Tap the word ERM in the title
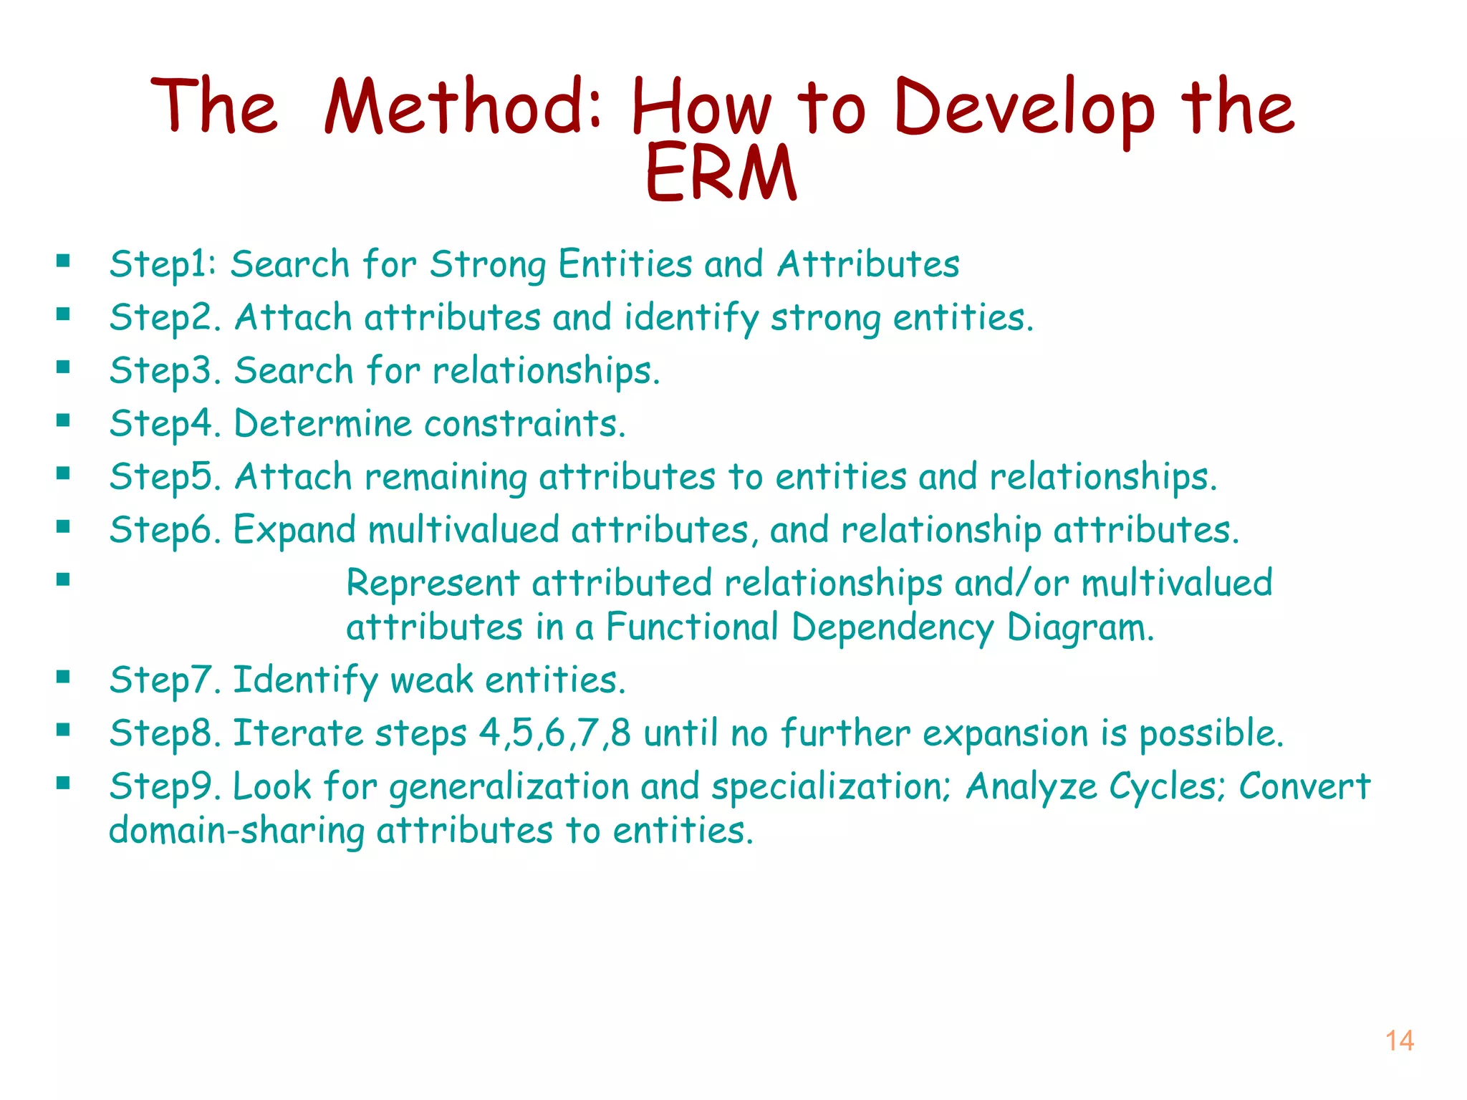point(721,173)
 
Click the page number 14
point(1399,1041)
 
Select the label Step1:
point(163,264)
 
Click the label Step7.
point(164,680)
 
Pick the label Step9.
point(164,786)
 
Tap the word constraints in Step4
point(524,424)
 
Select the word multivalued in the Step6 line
point(463,530)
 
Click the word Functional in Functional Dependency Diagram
point(691,627)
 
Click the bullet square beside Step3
point(63,367)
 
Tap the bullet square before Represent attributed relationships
point(63,579)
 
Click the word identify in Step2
point(691,318)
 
